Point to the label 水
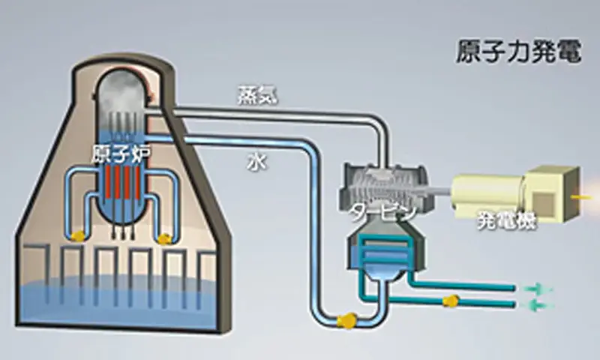click(253, 159)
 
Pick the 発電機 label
click(508, 222)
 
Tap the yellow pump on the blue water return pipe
click(346, 320)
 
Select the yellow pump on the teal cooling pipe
click(451, 302)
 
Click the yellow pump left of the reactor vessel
click(76, 235)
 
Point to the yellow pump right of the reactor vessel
click(166, 238)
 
